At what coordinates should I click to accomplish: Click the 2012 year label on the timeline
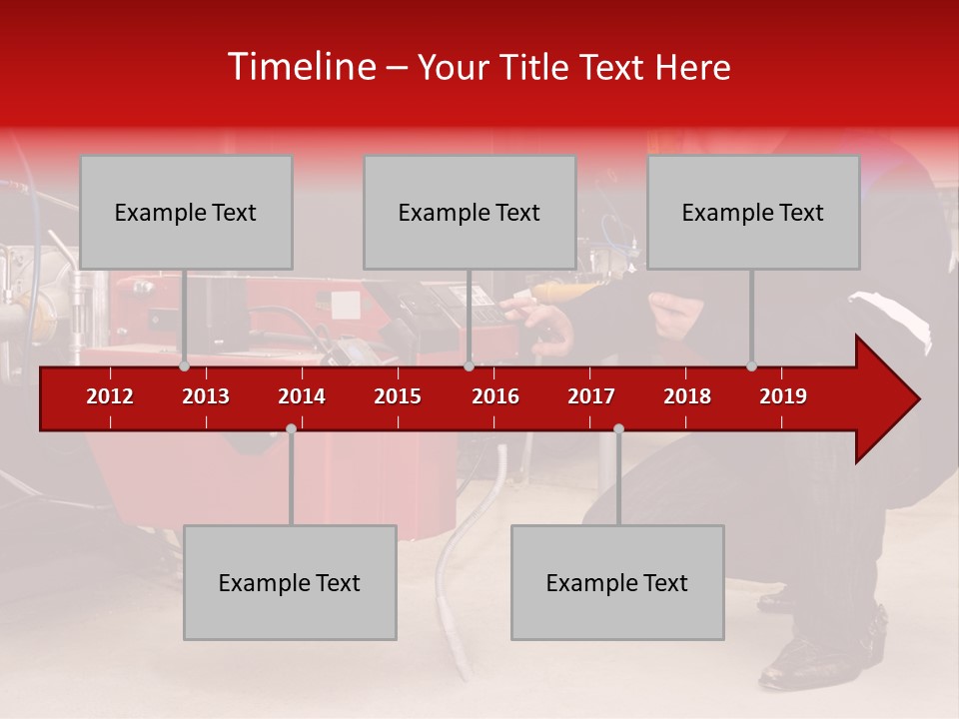[110, 396]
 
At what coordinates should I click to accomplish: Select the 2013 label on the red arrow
[206, 396]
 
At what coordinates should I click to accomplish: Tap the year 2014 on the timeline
[302, 396]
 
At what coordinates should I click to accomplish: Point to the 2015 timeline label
[398, 396]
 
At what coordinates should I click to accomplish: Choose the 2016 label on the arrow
[495, 396]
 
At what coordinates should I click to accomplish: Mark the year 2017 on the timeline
[591, 396]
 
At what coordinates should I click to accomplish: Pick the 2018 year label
[687, 396]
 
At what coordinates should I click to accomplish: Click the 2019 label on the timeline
[783, 396]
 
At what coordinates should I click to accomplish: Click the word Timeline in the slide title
[300, 67]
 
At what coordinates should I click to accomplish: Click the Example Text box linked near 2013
[186, 213]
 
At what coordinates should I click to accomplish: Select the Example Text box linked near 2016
[470, 213]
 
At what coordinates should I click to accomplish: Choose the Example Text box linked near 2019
[753, 213]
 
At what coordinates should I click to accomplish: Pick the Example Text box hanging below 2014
[290, 583]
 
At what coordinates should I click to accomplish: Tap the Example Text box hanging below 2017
[617, 583]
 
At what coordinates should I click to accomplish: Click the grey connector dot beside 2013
[184, 366]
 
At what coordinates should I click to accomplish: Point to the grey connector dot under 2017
[618, 429]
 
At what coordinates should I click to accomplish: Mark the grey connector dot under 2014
[291, 429]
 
